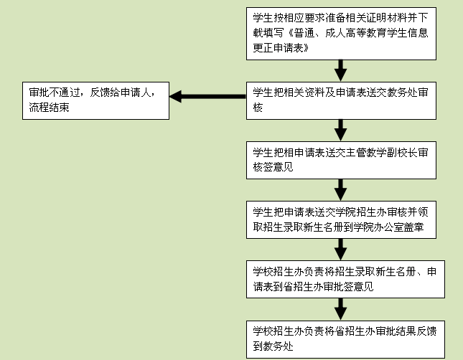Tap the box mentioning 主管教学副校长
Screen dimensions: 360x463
(341, 160)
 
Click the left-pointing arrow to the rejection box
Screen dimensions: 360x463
(207, 97)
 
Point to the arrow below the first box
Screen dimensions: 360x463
(341, 70)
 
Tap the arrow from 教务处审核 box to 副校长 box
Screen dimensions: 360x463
(341, 129)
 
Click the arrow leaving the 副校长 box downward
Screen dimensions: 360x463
(341, 189)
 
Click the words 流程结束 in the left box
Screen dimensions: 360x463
(49, 108)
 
